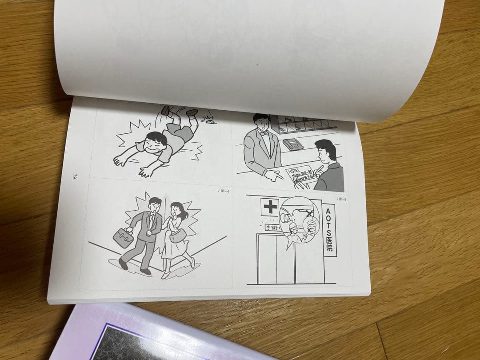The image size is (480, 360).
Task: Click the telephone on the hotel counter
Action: click(293, 144)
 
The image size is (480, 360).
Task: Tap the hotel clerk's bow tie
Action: click(265, 132)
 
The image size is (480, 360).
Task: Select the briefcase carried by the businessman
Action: click(123, 237)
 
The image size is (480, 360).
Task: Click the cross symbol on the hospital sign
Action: click(270, 207)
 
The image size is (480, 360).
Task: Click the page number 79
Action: click(75, 176)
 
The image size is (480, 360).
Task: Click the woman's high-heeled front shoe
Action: click(166, 274)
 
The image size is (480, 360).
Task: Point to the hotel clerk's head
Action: click(261, 120)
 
